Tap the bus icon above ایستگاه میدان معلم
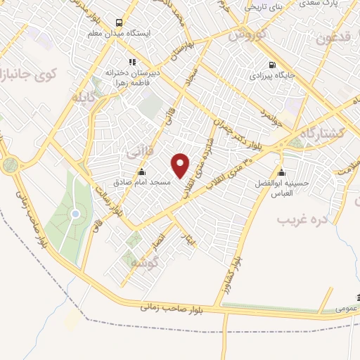(x=119, y=22)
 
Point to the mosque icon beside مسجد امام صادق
(x=142, y=172)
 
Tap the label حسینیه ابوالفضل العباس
(x=281, y=188)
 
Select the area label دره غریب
(x=303, y=220)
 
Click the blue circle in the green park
(x=75, y=214)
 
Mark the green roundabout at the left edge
(x=10, y=165)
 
